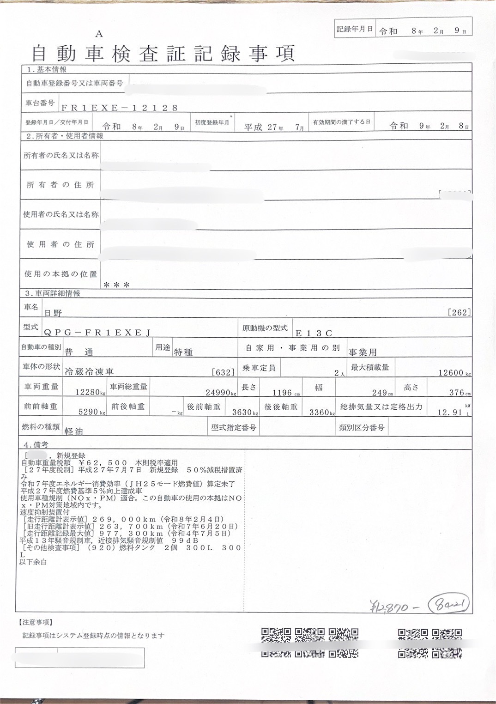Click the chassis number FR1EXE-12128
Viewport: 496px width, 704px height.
[x=120, y=108]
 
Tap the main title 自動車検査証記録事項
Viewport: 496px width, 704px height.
[x=163, y=54]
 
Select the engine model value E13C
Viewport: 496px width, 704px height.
[x=314, y=333]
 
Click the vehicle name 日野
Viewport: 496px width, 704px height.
[x=53, y=313]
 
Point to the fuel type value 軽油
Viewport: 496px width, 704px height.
[x=74, y=431]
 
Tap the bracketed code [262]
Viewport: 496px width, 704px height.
[x=460, y=313]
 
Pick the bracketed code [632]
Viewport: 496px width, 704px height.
[x=223, y=372]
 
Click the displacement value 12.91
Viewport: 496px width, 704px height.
[x=450, y=413]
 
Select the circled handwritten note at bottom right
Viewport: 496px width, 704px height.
[x=448, y=604]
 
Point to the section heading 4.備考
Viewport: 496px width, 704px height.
[x=36, y=444]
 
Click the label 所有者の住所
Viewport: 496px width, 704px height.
[x=60, y=185]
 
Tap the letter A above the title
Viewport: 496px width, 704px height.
[x=99, y=34]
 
